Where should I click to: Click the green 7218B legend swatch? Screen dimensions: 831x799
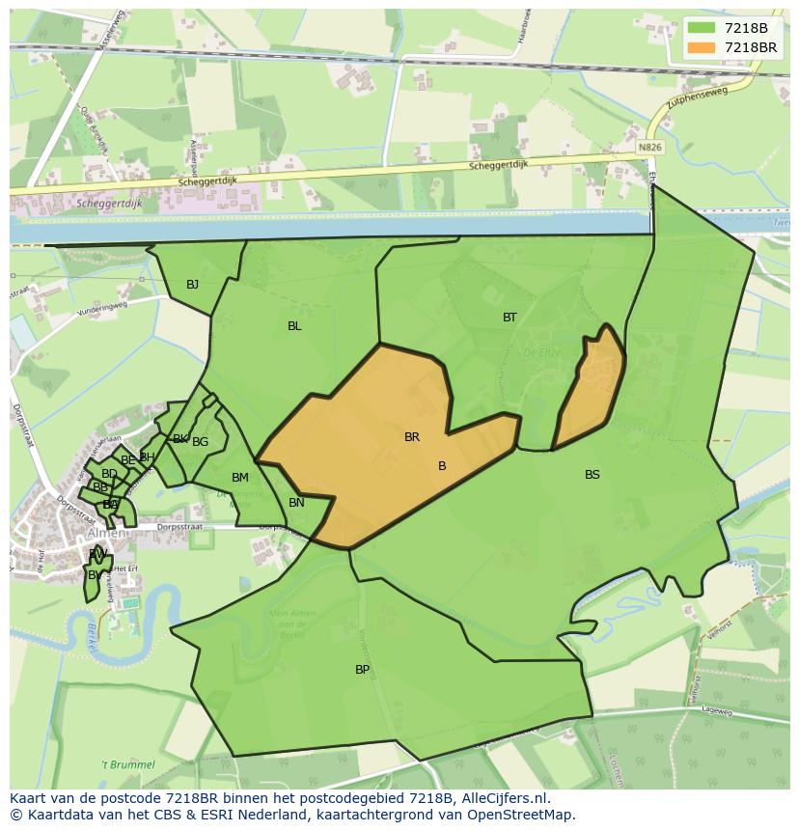pyautogui.click(x=703, y=28)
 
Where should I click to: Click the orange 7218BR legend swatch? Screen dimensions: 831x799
pyautogui.click(x=703, y=47)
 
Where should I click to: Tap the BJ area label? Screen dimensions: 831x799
pyautogui.click(x=193, y=284)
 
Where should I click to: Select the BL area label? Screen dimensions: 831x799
pyautogui.click(x=294, y=326)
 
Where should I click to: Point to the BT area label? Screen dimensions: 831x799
pyautogui.click(x=510, y=317)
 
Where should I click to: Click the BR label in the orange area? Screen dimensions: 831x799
pyautogui.click(x=412, y=437)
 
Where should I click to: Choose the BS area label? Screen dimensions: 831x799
pyautogui.click(x=592, y=474)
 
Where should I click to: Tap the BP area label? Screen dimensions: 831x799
pyautogui.click(x=362, y=669)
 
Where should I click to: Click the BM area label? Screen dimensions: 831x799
pyautogui.click(x=240, y=478)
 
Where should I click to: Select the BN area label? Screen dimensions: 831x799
pyautogui.click(x=296, y=502)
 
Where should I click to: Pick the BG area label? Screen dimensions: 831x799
pyautogui.click(x=201, y=442)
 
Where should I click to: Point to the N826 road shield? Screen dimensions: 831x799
pyautogui.click(x=650, y=148)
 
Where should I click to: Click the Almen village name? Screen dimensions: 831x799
pyautogui.click(x=105, y=533)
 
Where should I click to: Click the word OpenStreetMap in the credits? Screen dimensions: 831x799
pyautogui.click(x=522, y=815)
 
